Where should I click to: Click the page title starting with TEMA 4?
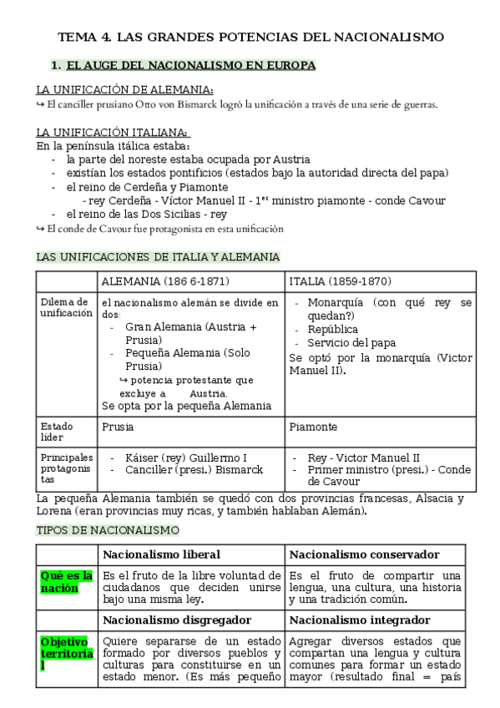tap(250, 37)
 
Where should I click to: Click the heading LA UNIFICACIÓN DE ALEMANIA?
tap(124, 90)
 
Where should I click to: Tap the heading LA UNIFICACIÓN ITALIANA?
tap(114, 132)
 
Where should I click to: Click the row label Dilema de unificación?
tap(65, 307)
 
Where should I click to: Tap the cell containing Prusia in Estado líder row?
tap(118, 427)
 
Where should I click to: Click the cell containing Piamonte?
tap(314, 427)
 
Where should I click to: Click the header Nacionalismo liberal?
tap(161, 554)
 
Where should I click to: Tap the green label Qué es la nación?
tap(66, 582)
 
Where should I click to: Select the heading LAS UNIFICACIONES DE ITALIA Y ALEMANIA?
tap(158, 256)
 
